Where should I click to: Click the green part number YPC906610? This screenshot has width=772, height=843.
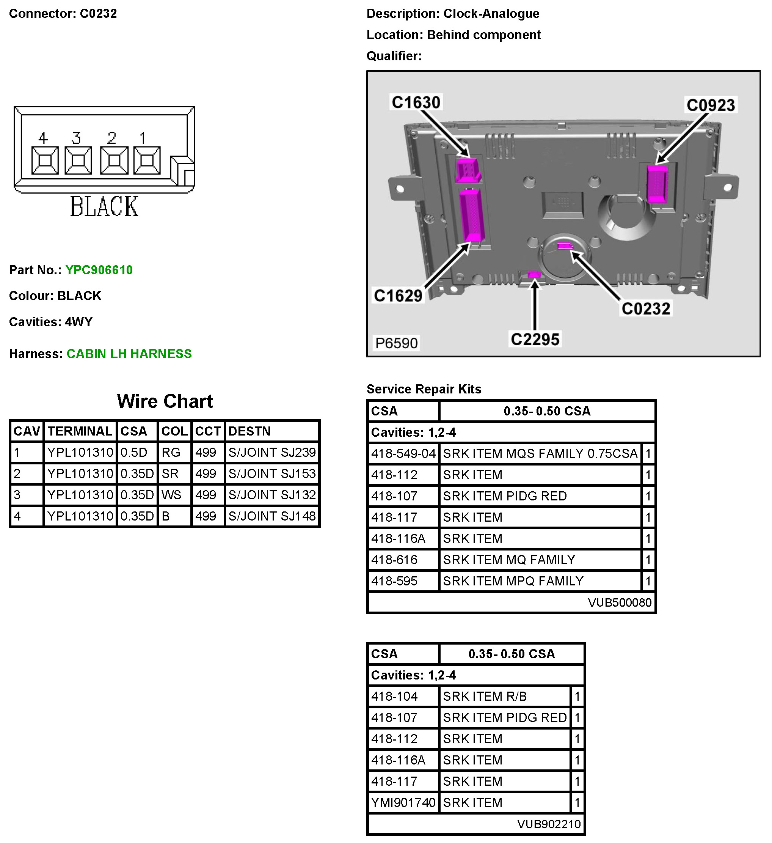tap(99, 270)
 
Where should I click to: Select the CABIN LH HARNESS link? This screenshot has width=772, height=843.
tap(129, 354)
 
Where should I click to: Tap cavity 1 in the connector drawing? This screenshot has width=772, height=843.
tap(147, 160)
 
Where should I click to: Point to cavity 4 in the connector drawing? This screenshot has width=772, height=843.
tap(45, 160)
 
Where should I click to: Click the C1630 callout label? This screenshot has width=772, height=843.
tap(416, 102)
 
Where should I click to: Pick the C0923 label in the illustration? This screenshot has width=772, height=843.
tap(711, 105)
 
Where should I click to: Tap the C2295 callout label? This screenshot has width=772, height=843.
tap(535, 340)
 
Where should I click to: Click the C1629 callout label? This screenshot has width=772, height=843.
tap(399, 296)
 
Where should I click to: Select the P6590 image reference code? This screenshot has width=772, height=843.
tap(396, 343)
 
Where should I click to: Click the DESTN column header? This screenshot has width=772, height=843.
tap(249, 431)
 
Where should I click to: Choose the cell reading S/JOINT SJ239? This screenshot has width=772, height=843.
tap(272, 453)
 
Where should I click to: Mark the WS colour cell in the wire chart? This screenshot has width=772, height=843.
tap(171, 495)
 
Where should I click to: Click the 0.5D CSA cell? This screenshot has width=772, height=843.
tap(134, 453)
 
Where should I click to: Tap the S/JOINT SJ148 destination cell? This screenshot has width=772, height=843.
tap(272, 516)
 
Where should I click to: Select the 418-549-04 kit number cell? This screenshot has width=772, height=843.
tap(403, 454)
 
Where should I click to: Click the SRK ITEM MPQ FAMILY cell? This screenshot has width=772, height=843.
tap(513, 581)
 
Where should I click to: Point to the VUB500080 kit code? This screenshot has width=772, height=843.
tap(620, 602)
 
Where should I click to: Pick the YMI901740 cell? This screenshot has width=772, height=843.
tap(403, 803)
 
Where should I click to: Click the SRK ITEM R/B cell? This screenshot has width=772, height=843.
tap(485, 697)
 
